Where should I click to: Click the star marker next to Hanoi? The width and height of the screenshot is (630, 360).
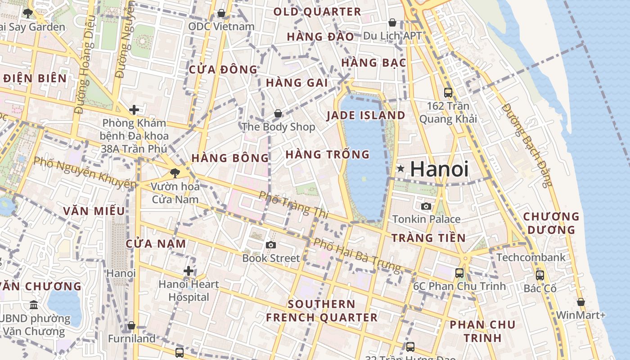(400, 169)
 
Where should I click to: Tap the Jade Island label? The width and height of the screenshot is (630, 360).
(366, 115)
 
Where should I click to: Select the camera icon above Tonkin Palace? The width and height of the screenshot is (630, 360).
(426, 207)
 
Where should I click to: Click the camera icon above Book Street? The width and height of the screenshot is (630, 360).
(270, 245)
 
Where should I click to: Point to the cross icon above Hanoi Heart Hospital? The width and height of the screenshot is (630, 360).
(189, 271)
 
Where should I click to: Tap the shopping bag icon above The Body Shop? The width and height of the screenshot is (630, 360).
(278, 113)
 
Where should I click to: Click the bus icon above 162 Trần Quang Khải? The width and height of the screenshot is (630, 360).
(448, 93)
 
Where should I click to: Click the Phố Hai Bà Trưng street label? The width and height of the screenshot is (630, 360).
(357, 255)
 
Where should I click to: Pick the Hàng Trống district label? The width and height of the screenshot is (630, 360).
(328, 154)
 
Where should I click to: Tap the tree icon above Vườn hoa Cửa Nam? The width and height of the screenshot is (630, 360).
(175, 172)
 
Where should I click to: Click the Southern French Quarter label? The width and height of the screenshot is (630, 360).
(322, 310)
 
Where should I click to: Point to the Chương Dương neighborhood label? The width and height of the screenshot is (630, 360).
(551, 223)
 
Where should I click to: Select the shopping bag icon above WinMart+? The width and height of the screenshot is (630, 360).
(581, 302)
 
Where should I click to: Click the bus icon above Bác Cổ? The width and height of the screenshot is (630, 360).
(540, 275)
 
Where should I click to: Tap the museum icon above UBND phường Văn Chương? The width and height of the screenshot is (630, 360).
(34, 306)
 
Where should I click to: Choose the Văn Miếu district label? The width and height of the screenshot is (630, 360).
(94, 211)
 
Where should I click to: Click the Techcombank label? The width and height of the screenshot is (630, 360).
(531, 257)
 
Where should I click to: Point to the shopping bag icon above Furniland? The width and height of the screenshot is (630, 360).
(131, 325)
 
